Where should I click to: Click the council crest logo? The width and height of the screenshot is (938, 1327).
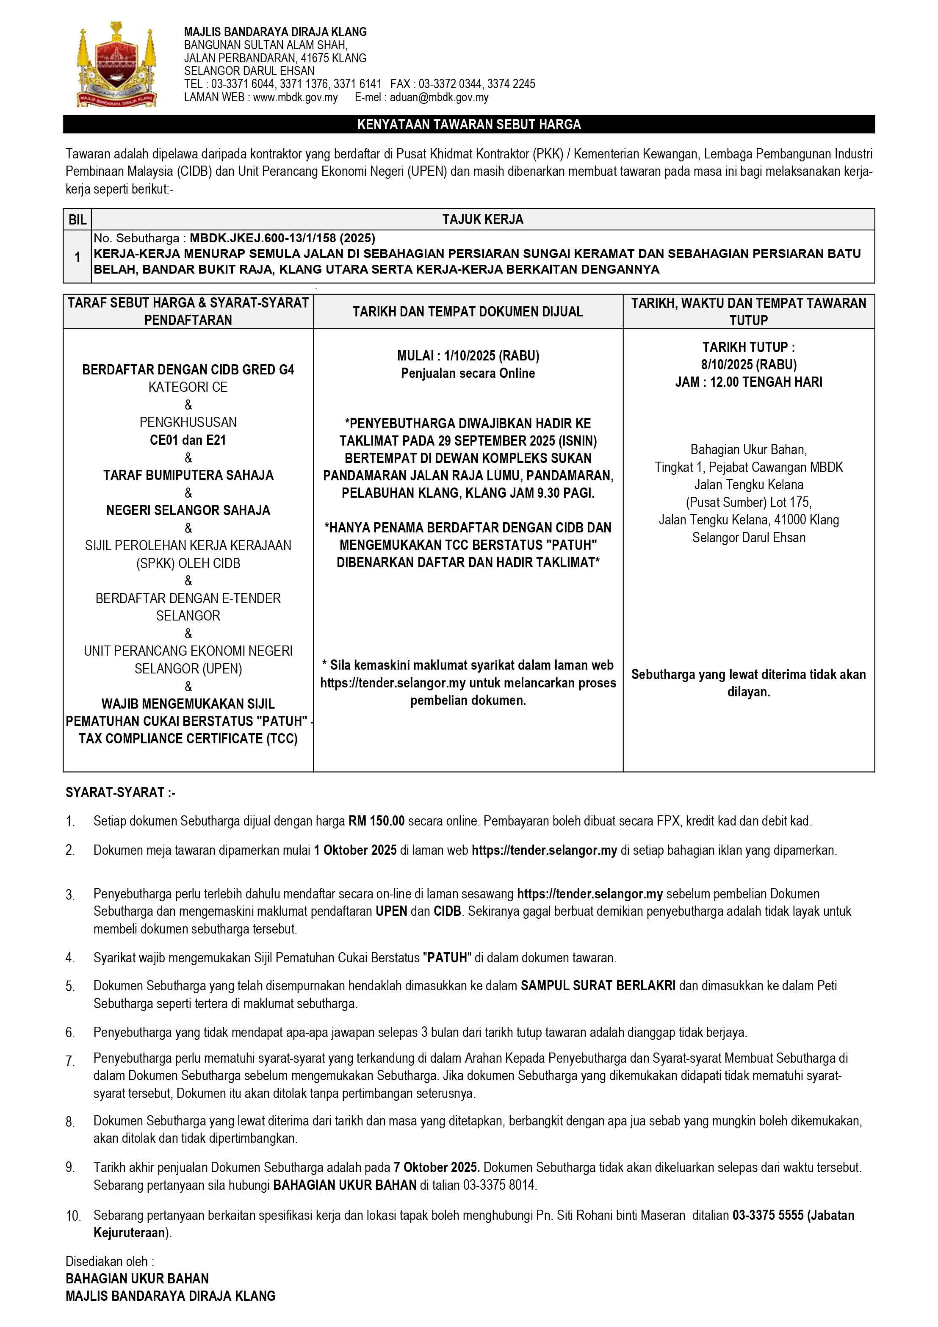point(117,65)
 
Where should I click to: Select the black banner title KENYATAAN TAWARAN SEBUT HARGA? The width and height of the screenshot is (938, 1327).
point(469,124)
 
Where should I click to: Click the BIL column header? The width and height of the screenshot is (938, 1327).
point(77,220)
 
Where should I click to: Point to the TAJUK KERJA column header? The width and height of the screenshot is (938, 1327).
point(483,220)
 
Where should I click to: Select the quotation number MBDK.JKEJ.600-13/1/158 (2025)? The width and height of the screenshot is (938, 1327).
point(282,238)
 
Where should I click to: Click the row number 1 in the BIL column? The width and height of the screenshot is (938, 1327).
point(77,257)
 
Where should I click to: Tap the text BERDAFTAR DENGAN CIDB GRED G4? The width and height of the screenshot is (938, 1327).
point(188,370)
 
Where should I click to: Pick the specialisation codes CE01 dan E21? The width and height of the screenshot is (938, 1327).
point(188,440)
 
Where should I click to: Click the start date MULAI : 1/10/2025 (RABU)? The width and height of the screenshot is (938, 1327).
point(468,355)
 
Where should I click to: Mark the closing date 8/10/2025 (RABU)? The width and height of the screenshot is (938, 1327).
point(748,365)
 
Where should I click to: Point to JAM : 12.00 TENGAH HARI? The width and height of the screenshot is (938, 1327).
point(748,382)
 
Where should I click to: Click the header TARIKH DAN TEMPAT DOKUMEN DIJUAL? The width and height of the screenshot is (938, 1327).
point(468,311)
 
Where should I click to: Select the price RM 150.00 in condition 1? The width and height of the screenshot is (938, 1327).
point(376,821)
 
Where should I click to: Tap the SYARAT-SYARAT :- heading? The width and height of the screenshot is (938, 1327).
point(120,792)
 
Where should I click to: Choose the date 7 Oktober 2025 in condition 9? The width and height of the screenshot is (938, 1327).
point(436,1167)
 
